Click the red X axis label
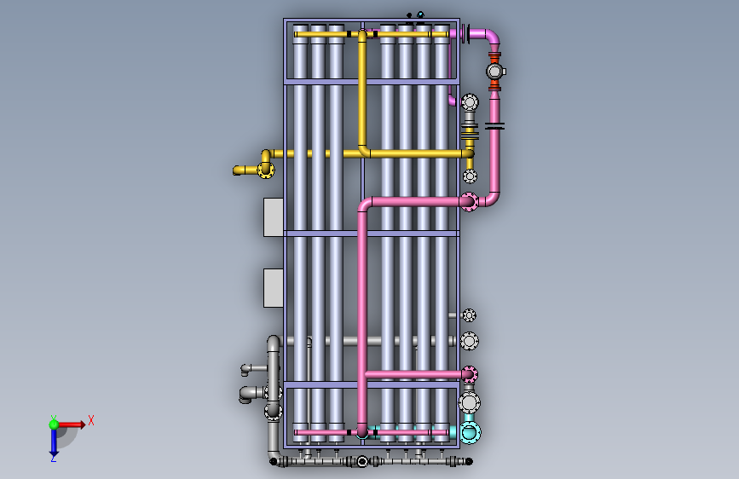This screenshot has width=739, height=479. click(91, 420)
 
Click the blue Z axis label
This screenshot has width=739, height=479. click(53, 458)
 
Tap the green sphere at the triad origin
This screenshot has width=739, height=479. click(54, 424)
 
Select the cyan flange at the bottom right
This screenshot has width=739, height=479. click(470, 432)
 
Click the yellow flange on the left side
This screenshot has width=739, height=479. click(265, 170)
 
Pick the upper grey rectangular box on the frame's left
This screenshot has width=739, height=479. click(273, 216)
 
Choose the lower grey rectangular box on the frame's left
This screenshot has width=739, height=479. click(273, 287)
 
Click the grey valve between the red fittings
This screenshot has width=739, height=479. click(494, 72)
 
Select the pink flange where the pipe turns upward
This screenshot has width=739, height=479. click(469, 202)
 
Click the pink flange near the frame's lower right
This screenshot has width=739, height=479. click(469, 374)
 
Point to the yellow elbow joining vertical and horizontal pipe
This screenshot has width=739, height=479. click(364, 151)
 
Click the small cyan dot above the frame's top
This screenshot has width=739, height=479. click(420, 14)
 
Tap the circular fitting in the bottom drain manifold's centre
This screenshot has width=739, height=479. click(362, 461)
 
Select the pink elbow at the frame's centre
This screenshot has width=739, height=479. click(365, 205)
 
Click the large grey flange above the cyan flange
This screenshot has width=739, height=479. click(469, 402)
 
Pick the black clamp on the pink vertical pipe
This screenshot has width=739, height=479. click(494, 126)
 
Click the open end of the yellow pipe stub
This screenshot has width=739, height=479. click(235, 170)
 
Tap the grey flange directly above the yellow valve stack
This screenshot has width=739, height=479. click(470, 103)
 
